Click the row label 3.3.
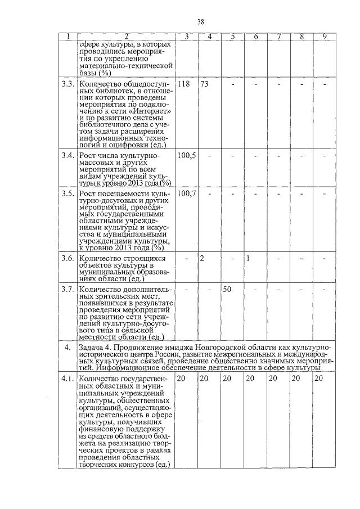coord(67,84)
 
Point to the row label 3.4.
coord(67,155)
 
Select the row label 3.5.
coord(67,194)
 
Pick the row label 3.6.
coord(67,258)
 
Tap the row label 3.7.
coord(67,289)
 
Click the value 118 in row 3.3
coord(183,84)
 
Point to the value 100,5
coord(186,155)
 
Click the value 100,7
coord(186,194)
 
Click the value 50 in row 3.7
coord(227,289)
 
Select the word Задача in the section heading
coord(93,346)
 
